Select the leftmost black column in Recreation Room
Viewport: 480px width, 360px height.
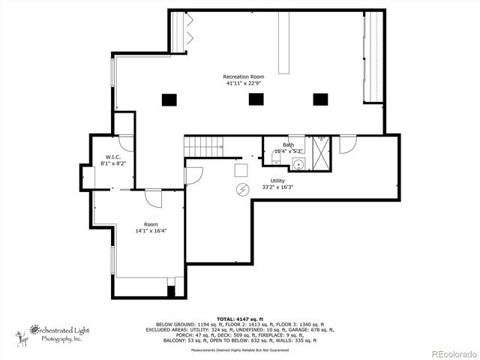[169, 98]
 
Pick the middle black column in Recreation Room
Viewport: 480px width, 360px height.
[256, 98]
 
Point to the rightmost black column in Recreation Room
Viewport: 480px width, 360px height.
[320, 98]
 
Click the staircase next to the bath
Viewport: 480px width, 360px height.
[205, 146]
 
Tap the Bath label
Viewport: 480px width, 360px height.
[288, 145]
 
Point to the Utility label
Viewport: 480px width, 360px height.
[277, 181]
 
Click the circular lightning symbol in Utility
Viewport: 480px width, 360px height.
[242, 188]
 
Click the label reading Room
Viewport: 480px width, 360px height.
[151, 224]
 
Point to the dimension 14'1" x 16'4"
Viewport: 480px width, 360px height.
[151, 231]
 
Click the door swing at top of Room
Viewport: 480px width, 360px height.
[154, 199]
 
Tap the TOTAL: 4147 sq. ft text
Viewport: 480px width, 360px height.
[240, 318]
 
